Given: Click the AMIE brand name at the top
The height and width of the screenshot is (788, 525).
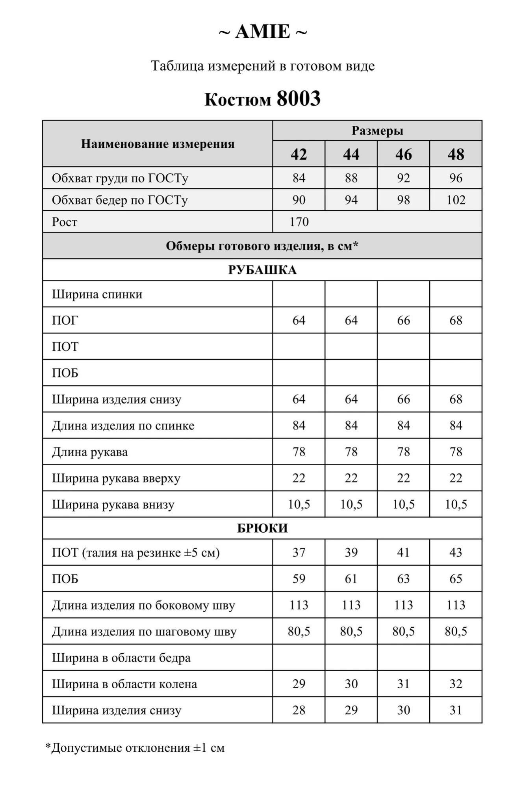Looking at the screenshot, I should point(263,32).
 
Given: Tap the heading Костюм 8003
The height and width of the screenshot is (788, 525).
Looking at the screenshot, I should point(262,98).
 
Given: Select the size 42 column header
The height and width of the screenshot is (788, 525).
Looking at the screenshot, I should point(299,154).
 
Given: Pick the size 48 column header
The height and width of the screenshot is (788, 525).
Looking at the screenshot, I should point(456,154).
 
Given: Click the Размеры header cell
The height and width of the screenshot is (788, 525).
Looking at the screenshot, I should point(377,130).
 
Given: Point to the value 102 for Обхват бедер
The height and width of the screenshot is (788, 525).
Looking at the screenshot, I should point(456,200).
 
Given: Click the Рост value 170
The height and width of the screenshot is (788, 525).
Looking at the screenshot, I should point(299,222).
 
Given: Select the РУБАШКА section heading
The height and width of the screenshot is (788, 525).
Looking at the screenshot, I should point(262,270).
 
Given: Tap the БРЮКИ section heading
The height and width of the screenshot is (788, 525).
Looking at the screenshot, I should point(262,528).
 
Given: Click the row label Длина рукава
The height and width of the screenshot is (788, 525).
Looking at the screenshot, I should point(90,452).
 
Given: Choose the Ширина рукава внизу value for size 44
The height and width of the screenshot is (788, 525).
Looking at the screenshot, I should point(351,504).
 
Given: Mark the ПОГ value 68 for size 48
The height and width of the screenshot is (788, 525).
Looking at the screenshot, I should point(456,320).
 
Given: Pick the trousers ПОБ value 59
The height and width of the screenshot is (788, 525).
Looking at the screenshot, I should point(299,578).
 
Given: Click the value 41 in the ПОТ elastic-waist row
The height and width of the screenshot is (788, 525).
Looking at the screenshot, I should point(403,552).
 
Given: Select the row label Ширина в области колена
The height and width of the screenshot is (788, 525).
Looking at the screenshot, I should point(124,684).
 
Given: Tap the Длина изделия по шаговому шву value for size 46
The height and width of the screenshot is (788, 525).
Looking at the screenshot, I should point(403,631).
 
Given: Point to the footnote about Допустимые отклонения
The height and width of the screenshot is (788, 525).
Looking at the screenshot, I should point(135,747).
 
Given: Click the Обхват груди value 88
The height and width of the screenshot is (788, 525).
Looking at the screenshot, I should point(351,178).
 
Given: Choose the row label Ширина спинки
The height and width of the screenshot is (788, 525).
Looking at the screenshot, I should point(97,294).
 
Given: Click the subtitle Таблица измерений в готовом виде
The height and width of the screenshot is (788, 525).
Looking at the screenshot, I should point(262,66).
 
